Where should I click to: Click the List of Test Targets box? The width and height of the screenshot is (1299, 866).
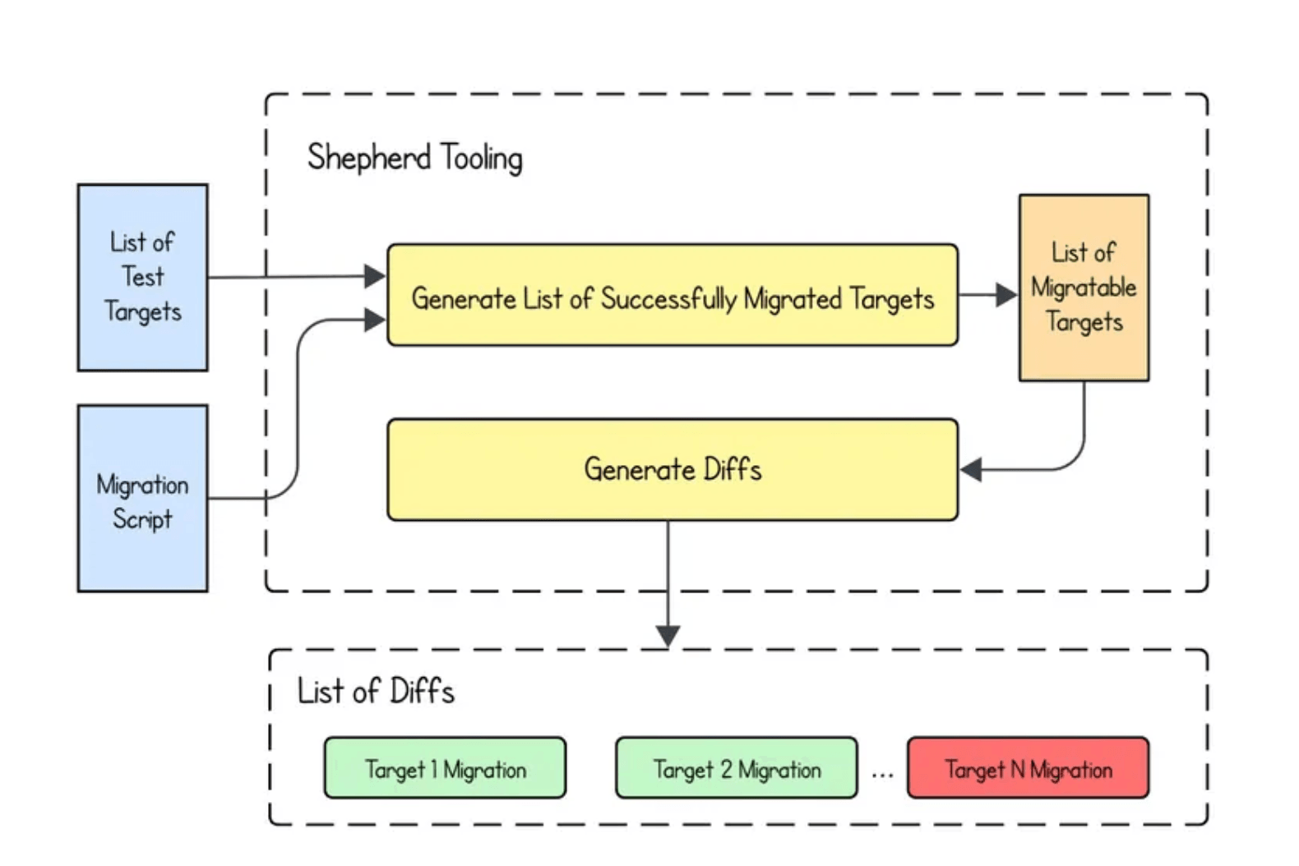tap(142, 277)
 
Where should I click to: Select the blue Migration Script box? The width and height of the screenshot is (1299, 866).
tap(142, 498)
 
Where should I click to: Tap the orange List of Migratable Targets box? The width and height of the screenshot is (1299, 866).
tap(1084, 288)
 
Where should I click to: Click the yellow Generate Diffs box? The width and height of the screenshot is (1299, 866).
tap(672, 469)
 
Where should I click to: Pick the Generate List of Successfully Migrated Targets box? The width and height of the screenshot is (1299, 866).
tap(672, 295)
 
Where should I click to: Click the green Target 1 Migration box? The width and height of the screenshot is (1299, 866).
tap(445, 767)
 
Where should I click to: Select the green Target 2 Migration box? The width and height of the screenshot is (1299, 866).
tap(736, 767)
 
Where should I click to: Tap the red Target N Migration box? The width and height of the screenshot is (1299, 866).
tap(1028, 767)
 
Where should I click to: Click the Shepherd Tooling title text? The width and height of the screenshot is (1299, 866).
tap(414, 157)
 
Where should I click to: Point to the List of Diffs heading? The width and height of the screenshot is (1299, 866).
tap(376, 691)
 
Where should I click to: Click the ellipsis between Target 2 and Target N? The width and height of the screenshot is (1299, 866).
tap(882, 772)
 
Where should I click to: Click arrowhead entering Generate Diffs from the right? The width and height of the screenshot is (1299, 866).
tap(972, 470)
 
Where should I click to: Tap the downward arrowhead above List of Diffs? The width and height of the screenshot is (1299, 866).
tap(668, 636)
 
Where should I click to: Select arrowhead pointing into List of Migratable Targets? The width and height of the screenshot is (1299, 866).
tap(1006, 295)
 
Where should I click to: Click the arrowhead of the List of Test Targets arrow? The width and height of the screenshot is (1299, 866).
tap(375, 276)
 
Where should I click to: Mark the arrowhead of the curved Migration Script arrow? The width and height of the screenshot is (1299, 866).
tap(375, 320)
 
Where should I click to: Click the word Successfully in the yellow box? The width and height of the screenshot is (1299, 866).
tap(668, 299)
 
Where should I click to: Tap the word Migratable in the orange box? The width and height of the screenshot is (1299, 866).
tap(1084, 288)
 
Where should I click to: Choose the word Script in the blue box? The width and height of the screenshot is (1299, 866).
tap(142, 518)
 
